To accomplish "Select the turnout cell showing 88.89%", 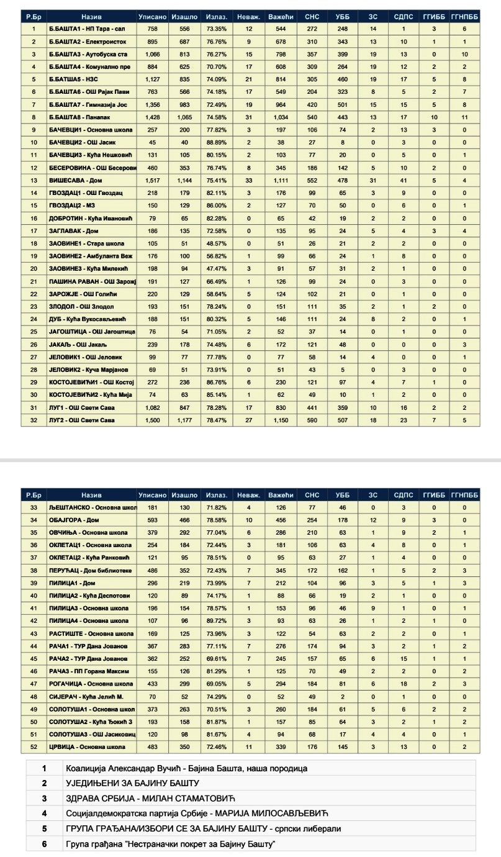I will (x=213, y=142).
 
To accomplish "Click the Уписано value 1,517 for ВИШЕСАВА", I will (x=153, y=181).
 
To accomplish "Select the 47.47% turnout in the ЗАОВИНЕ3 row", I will (x=213, y=268).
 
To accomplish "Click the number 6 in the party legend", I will (x=45, y=845).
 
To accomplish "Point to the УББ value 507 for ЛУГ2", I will (x=342, y=419).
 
